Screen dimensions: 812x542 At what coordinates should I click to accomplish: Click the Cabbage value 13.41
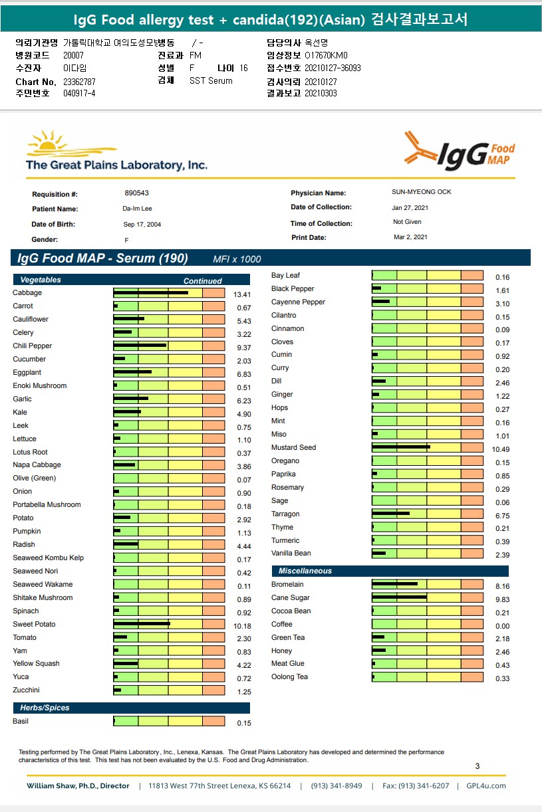coord(241,294)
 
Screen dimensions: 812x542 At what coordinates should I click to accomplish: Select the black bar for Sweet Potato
coord(142,623)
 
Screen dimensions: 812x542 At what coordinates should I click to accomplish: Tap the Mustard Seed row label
coord(293,447)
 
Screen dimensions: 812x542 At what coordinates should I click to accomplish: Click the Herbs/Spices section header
coord(45,708)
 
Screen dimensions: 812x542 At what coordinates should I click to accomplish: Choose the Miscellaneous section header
coord(305,571)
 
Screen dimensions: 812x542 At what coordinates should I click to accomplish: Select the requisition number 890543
coord(136,193)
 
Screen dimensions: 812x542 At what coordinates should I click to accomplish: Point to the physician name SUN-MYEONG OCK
coord(421,192)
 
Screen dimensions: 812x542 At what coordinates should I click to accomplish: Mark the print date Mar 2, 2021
coord(410,237)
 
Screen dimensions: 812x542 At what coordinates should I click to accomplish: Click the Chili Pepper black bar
coord(140,346)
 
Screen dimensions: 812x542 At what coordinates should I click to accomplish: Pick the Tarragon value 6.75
coord(502,515)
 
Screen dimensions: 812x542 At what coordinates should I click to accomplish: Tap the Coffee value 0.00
coord(502,625)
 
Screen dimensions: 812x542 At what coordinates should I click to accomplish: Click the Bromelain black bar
coord(395,584)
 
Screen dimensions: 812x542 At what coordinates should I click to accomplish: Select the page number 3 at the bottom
coord(477,766)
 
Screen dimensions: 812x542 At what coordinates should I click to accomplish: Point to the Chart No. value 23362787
coord(79,81)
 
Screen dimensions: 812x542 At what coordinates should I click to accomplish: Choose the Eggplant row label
coord(27,372)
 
